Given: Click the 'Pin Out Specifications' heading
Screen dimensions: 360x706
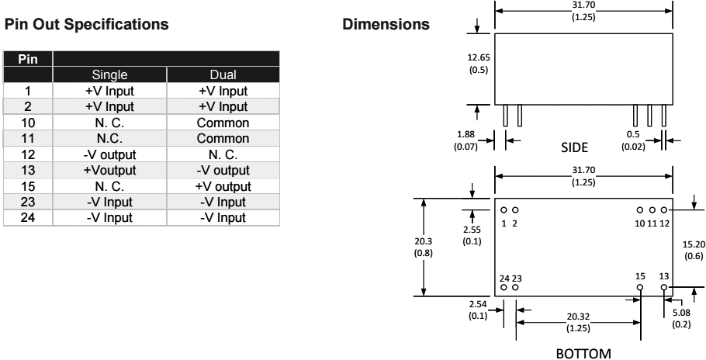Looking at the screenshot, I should pos(86,24).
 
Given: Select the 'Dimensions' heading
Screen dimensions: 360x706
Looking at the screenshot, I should pos(386,24).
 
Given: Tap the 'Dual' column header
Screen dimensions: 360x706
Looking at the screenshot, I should pos(223,76).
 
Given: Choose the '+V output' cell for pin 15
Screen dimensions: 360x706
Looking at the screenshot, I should pos(223,188).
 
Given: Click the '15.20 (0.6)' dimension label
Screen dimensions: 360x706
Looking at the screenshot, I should pos(690,249).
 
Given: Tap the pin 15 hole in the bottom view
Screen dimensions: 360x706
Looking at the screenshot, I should pos(640,287).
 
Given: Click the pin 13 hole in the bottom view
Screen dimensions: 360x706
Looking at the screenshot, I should pos(664,287).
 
